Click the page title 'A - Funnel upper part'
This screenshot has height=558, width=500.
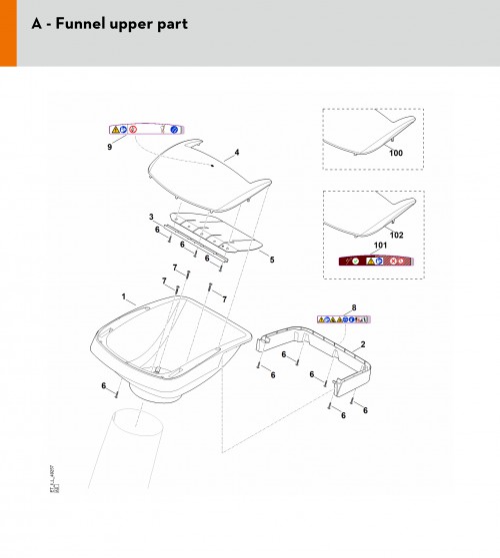[109, 22]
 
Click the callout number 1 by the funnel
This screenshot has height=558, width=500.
[123, 297]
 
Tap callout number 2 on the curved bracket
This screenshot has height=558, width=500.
[362, 343]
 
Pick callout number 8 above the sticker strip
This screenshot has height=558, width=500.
[353, 308]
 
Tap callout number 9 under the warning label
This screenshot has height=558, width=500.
[109, 147]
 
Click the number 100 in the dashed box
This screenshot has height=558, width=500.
[395, 153]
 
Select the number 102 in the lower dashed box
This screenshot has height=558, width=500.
[395, 235]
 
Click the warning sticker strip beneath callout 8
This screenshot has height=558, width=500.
[344, 319]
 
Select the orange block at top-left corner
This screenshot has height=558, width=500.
[8, 33]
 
